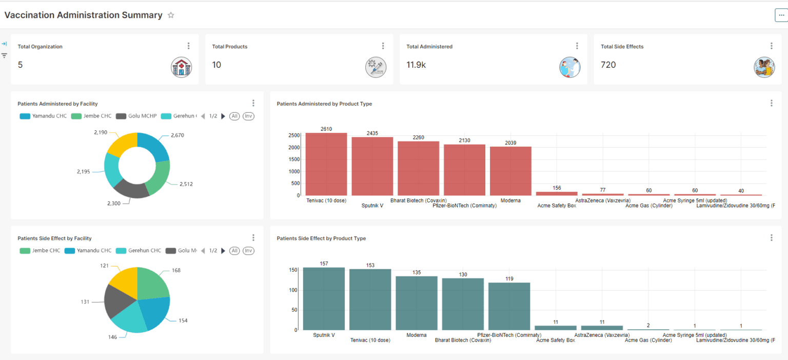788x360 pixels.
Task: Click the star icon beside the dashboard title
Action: point(171,15)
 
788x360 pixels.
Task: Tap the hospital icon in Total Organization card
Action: point(181,67)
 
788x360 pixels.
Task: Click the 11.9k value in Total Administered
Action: point(416,65)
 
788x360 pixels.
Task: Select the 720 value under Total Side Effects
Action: point(608,65)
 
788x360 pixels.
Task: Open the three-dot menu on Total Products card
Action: point(383,46)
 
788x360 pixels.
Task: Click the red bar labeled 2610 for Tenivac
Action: point(326,164)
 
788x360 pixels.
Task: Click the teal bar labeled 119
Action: point(509,306)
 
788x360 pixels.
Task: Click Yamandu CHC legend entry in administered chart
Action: point(44,116)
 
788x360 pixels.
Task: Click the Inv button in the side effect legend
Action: point(248,251)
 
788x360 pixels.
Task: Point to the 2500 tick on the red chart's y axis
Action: point(294,135)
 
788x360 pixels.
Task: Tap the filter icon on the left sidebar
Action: point(5,55)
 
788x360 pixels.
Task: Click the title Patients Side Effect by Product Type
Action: point(321,238)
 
